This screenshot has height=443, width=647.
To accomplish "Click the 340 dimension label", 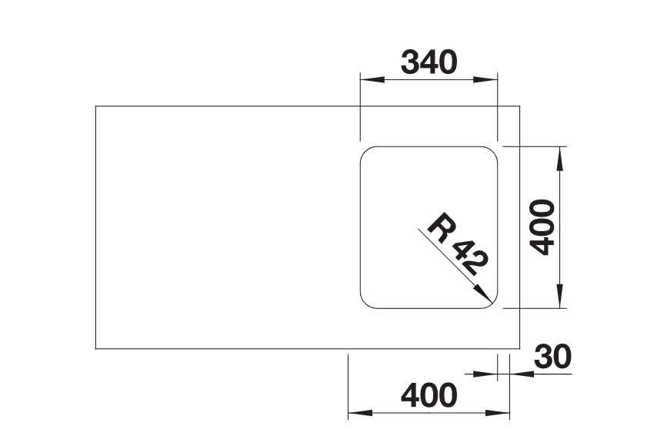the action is [429, 62].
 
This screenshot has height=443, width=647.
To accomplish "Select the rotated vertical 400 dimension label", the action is [542, 227].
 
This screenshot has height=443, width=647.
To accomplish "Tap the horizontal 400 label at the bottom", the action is [429, 395].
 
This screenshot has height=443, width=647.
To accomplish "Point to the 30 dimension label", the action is [553, 356].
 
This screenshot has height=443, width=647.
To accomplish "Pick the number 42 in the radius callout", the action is [470, 258].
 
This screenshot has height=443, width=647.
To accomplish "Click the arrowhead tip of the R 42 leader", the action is [492, 303].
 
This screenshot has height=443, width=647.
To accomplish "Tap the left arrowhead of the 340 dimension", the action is [372, 79].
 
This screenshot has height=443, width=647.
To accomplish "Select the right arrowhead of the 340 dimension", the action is [485, 79].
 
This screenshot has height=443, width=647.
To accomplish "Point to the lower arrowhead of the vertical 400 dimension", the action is [559, 296].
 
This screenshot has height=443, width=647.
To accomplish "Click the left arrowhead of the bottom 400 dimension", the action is [360, 413].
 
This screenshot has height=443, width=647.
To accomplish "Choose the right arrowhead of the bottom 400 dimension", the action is [498, 413].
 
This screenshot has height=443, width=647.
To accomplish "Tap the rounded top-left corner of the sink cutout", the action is [365, 151].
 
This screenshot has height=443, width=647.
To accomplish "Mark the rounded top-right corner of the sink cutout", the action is [492, 151].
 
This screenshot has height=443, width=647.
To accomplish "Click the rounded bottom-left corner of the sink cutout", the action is [365, 304].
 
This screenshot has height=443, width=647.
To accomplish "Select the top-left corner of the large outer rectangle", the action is [95, 106].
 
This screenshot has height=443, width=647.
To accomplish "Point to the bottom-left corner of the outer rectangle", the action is [95, 349].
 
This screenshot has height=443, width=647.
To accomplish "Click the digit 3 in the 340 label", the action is [410, 62].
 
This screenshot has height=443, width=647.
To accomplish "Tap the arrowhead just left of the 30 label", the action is [485, 374].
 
